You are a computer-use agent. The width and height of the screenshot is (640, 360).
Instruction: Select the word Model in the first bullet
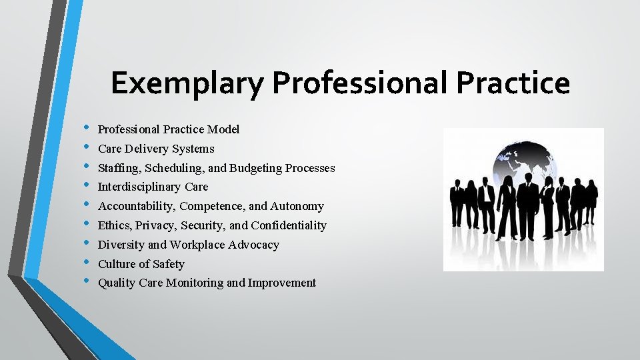(223, 129)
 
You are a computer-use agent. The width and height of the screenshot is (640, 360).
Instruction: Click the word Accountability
(136, 207)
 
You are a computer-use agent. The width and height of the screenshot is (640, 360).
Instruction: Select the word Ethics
(114, 225)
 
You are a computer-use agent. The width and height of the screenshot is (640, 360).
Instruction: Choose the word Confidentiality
(289, 225)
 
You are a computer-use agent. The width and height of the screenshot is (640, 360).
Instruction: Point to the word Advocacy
(253, 245)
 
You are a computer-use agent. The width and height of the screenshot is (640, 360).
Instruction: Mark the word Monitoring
(194, 283)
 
